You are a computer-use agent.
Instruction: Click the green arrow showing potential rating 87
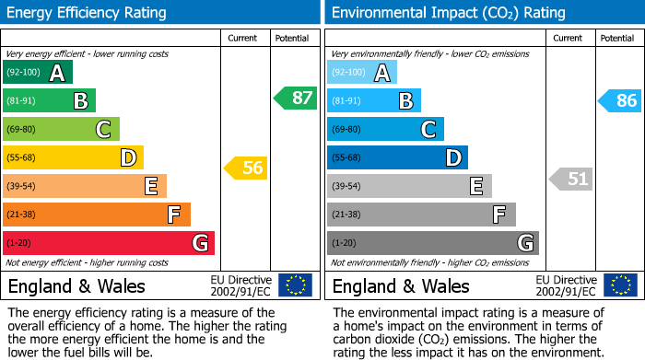coord(295,99)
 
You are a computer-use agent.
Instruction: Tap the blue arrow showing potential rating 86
coord(619,100)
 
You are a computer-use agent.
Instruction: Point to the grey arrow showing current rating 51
coord(570,179)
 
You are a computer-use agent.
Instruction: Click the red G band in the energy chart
coord(109,243)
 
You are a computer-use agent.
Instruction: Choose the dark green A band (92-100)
coord(38,73)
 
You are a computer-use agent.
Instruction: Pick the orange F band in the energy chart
coord(97,215)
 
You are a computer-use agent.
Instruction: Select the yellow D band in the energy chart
coord(73,157)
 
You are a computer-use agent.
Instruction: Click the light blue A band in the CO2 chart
coord(362,73)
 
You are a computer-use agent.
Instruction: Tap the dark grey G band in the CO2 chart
coord(432,243)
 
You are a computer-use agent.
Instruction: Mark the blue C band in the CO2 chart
coord(385,129)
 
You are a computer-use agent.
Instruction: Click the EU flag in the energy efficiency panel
coord(295,285)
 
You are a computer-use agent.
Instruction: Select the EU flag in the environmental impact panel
coord(619,285)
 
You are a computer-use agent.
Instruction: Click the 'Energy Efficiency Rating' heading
coord(88,13)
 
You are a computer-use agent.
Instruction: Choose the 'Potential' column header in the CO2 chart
coord(616,38)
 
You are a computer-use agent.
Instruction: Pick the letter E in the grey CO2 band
coord(475,186)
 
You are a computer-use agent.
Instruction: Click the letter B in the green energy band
coord(80,101)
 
